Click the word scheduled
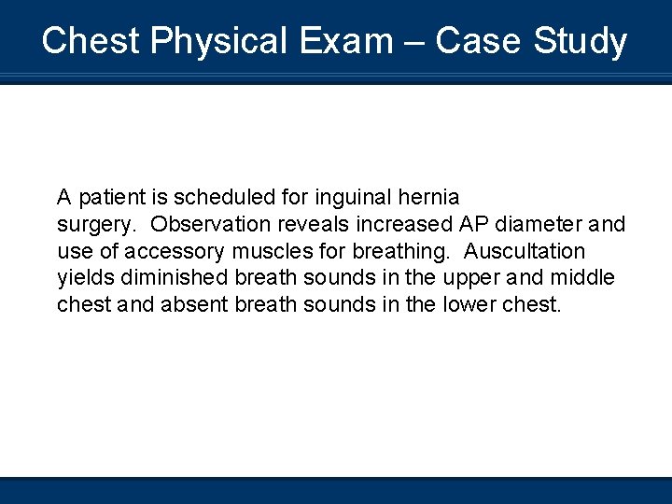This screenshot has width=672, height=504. [x=217, y=197]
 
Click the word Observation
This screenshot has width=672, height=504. [x=210, y=224]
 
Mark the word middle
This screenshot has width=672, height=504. [x=581, y=278]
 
